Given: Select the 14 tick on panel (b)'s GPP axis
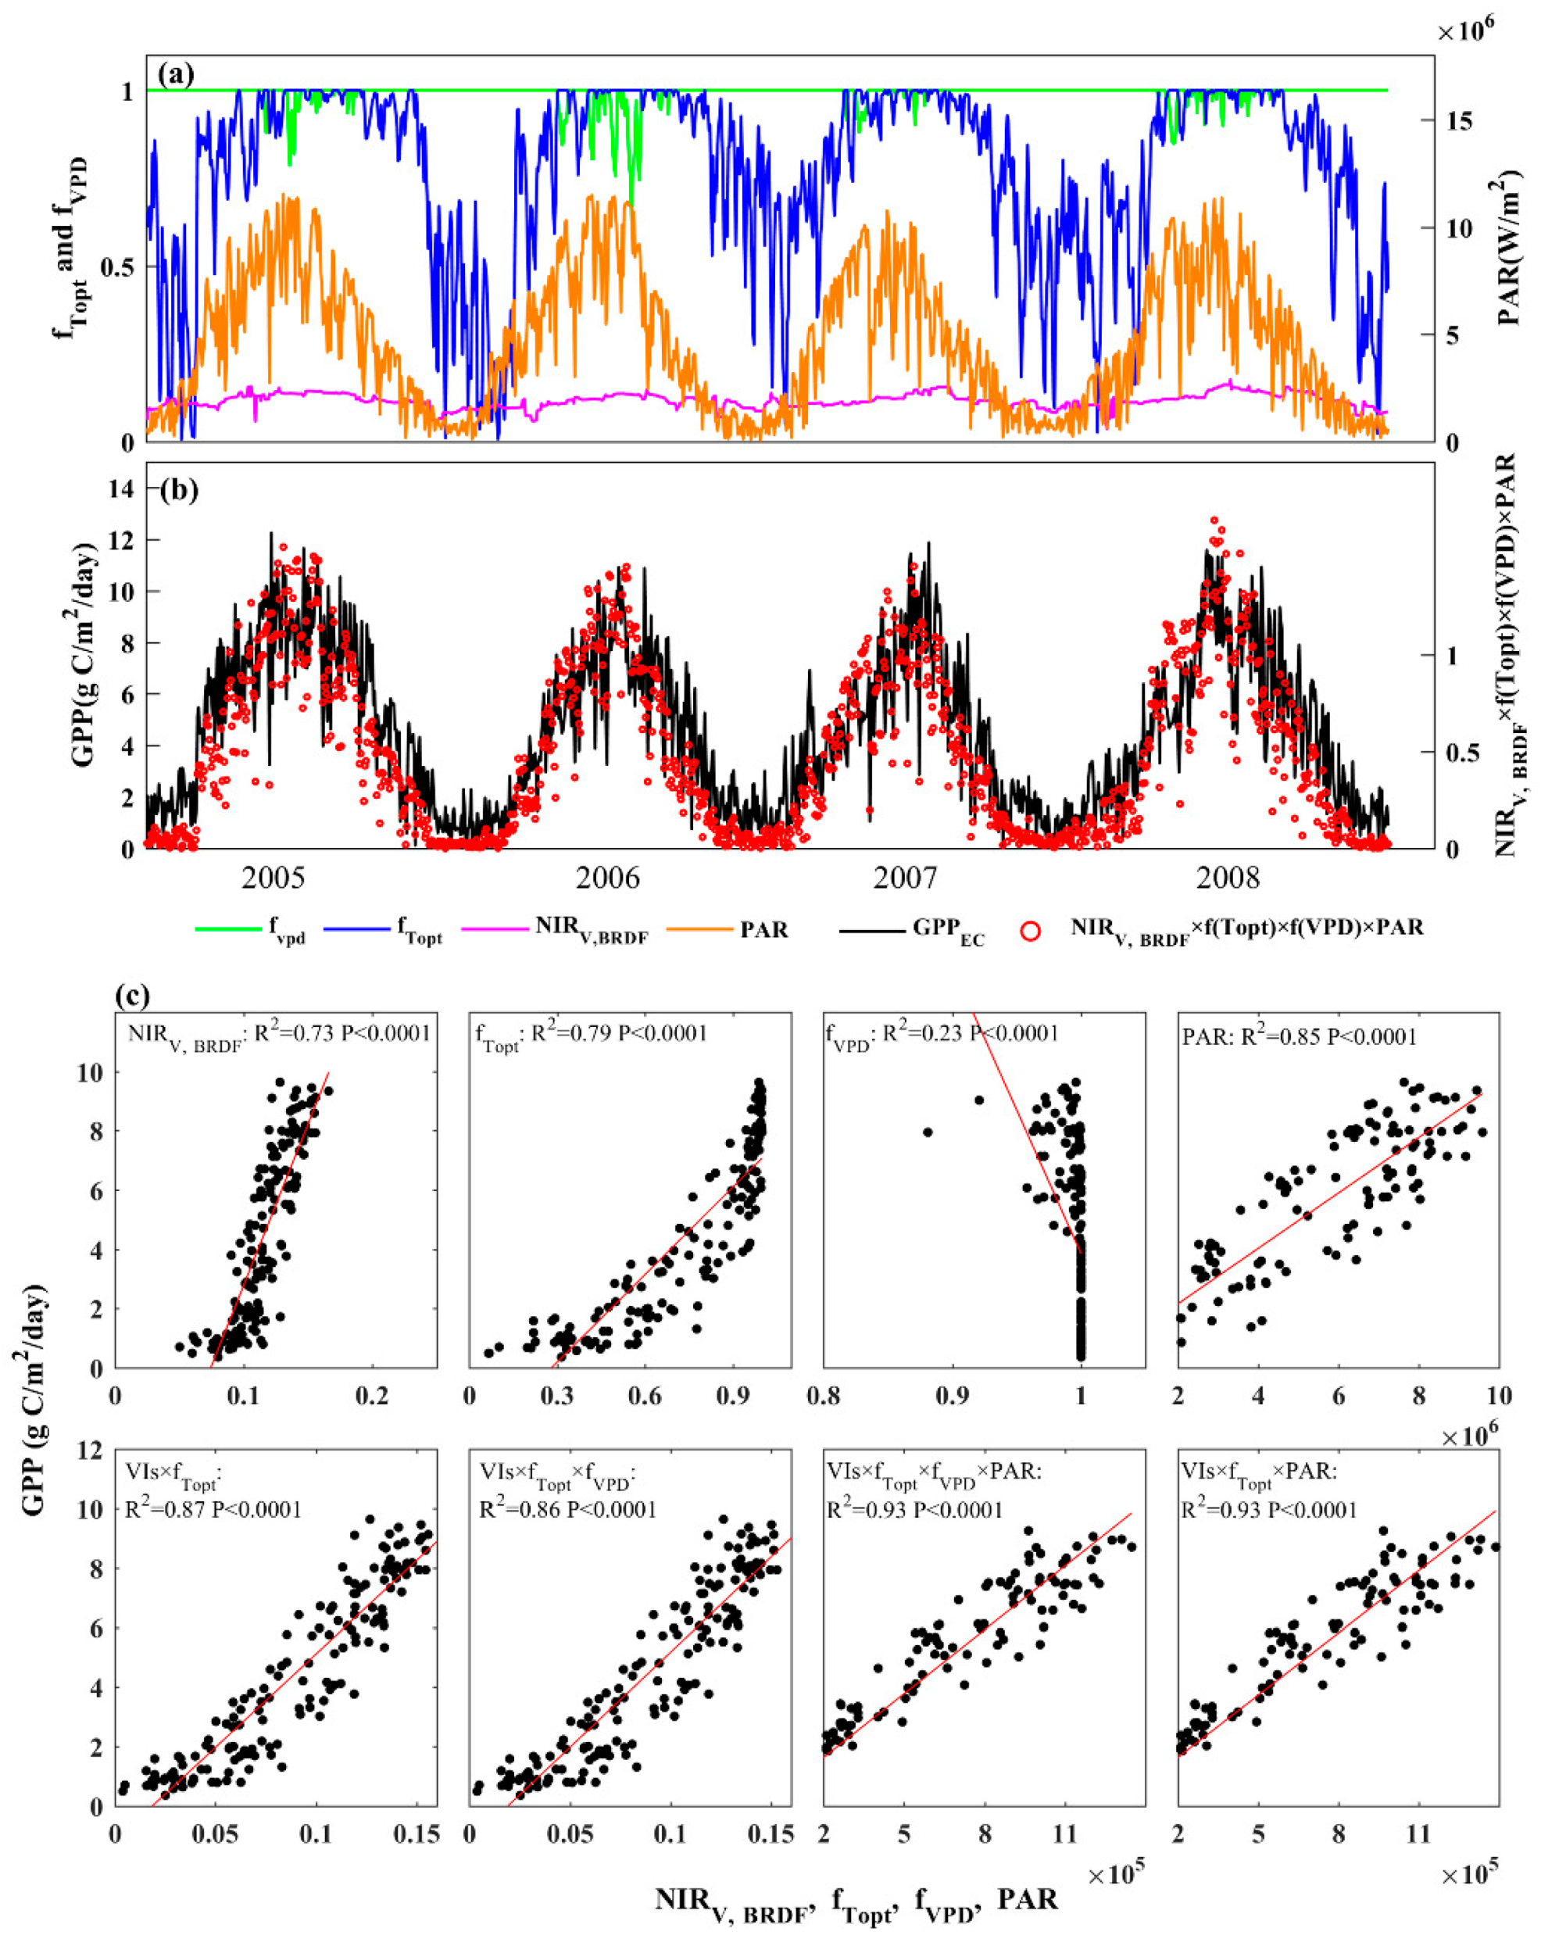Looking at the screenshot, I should click(x=121, y=488).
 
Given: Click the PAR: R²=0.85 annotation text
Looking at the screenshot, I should click(x=1300, y=1036).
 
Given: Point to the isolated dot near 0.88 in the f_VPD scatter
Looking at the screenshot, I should click(x=927, y=1132).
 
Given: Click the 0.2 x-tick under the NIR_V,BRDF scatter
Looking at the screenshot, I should click(x=372, y=1396).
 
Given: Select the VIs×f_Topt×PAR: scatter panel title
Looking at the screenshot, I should click(x=1259, y=1472).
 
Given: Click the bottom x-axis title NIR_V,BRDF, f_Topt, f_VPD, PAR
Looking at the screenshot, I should click(x=856, y=1898).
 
